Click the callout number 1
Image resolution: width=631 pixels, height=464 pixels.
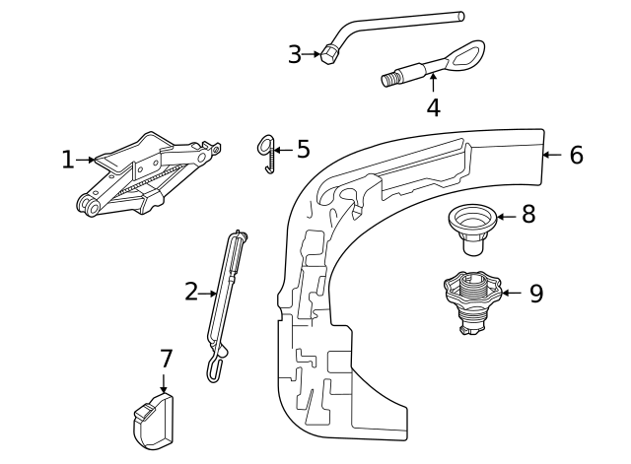coord(67,160)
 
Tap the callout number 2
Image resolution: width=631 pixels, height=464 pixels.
coord(191,292)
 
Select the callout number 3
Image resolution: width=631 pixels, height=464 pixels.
coord(295,55)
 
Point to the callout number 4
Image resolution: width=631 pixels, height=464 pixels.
coord(434,106)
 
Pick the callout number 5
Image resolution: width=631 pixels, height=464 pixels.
coord(303,150)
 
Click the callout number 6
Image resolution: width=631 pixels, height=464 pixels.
coord(577,155)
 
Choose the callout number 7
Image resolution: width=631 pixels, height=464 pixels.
coord(165,359)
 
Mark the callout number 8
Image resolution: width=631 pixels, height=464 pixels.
coord(528,215)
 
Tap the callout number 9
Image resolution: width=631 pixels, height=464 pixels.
coord(536,294)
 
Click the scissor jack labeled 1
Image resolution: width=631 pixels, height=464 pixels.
coord(148,175)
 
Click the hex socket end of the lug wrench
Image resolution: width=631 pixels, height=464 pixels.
coord(329,55)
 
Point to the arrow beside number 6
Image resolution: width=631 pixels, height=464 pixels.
coord(552,155)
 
